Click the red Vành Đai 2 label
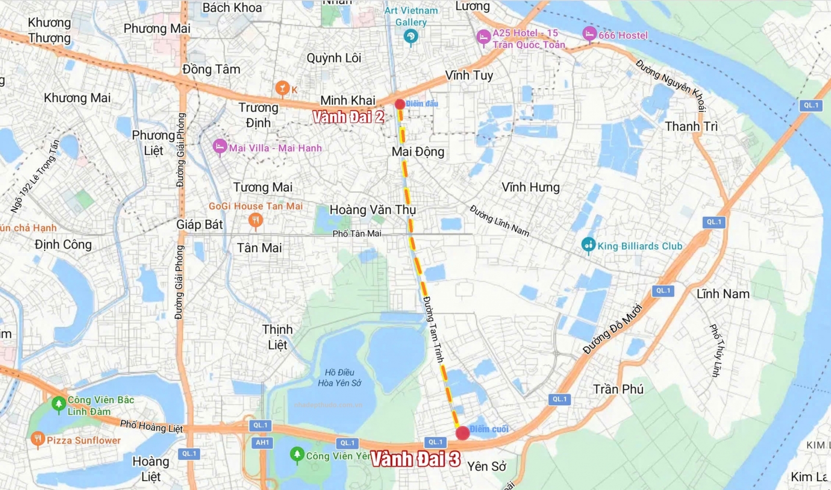(x=348, y=117)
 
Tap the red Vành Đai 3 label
(x=415, y=459)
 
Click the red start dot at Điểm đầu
(x=399, y=104)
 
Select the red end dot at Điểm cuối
(x=462, y=433)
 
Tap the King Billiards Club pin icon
(x=588, y=244)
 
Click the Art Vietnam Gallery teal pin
(x=411, y=37)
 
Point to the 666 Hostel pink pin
(x=589, y=34)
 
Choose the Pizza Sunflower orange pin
(x=37, y=439)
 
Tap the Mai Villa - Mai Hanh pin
(x=220, y=147)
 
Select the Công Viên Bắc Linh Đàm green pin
(x=59, y=403)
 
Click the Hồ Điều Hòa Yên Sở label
(x=340, y=378)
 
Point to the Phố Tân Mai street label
(x=357, y=234)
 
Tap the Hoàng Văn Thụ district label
(x=372, y=210)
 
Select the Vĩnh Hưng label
(x=530, y=187)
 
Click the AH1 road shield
(x=262, y=443)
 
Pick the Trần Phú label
(x=618, y=389)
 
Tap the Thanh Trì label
(x=691, y=127)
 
